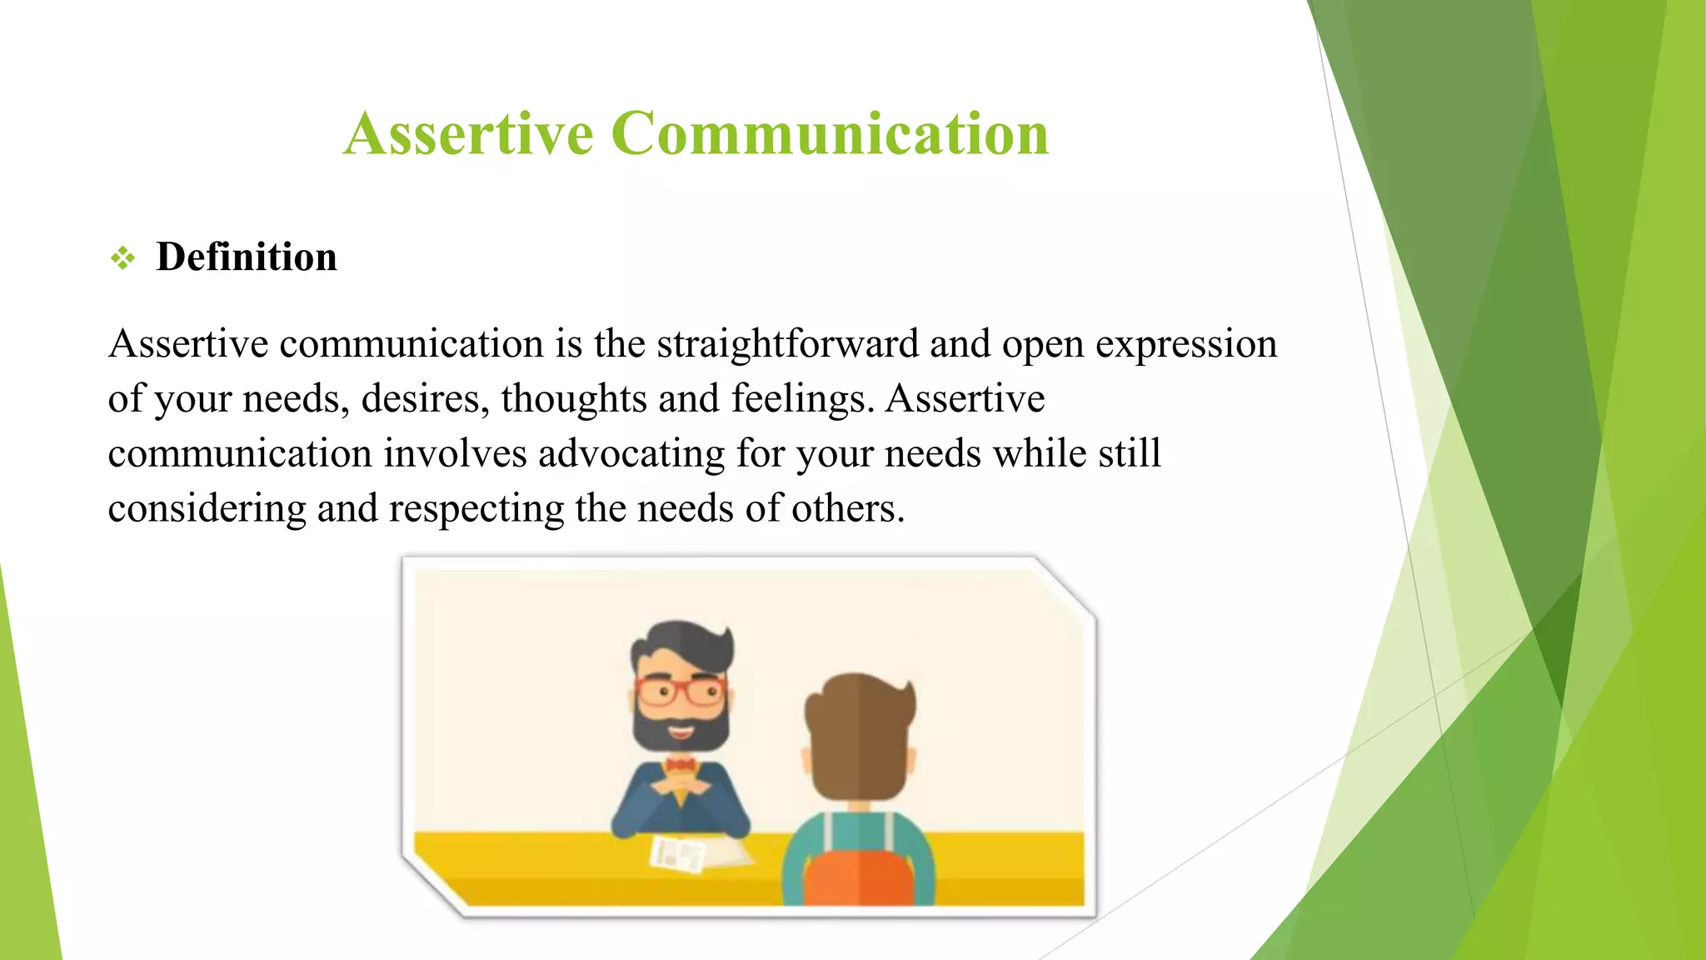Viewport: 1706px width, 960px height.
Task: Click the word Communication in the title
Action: (830, 133)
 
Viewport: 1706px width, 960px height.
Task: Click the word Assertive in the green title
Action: (468, 133)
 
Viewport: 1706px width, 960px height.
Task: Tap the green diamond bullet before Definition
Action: (122, 258)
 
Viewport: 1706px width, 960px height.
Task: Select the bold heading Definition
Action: (247, 257)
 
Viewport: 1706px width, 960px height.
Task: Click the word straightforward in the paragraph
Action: (787, 344)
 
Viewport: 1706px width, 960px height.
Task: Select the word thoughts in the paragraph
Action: (574, 399)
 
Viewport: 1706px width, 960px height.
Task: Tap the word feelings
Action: (802, 399)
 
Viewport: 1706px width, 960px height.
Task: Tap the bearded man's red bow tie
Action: (681, 764)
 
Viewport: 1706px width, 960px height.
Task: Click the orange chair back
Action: (859, 873)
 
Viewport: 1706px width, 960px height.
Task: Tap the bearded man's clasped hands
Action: (681, 785)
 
